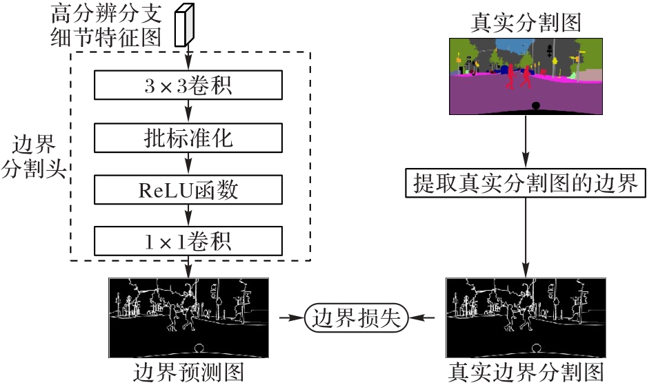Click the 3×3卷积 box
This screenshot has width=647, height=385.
point(188,85)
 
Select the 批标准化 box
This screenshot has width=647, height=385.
point(188,138)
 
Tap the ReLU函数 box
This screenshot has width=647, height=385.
point(188,189)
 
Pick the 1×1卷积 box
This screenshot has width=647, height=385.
point(188,241)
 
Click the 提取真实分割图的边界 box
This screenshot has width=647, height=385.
point(526,183)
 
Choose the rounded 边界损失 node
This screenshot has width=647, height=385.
point(356,318)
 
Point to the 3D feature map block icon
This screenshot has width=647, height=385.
point(184,25)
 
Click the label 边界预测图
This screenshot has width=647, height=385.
point(188,373)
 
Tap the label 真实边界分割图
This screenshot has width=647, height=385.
point(526,373)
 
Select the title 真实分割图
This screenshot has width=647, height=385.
point(526,23)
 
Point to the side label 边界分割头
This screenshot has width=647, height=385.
point(34,156)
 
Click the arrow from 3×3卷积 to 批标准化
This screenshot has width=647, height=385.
point(188,112)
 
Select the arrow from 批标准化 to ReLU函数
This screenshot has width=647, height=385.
point(188,164)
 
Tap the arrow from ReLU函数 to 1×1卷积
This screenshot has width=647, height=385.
point(188,215)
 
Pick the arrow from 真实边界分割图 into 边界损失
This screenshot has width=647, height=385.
point(421,318)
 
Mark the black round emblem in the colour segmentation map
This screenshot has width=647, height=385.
point(535,106)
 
